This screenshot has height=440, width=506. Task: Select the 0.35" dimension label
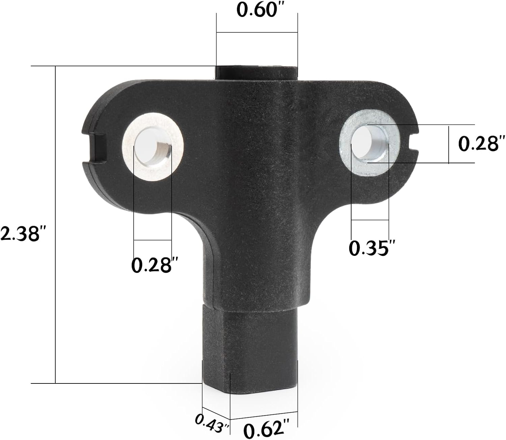tap(371, 248)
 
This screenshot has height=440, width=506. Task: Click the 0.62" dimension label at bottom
tap(266, 429)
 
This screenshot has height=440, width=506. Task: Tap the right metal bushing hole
tap(370, 144)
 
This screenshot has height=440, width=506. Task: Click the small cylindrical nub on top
tap(256, 72)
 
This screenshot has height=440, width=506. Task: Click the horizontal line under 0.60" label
tap(257, 32)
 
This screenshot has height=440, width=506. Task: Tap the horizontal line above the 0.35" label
tap(370, 220)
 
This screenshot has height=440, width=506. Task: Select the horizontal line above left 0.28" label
tap(152, 240)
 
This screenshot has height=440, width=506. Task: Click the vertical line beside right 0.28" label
tap(449, 145)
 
